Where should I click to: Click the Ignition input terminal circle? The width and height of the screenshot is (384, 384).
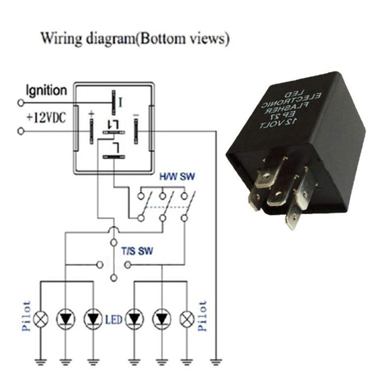click(x=21, y=102)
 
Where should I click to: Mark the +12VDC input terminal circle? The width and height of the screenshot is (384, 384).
click(x=21, y=131)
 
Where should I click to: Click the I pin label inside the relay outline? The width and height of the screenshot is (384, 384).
click(x=120, y=101)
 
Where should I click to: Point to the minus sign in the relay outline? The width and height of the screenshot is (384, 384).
click(x=136, y=113)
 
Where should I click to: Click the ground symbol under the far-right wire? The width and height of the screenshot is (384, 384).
click(x=218, y=360)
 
